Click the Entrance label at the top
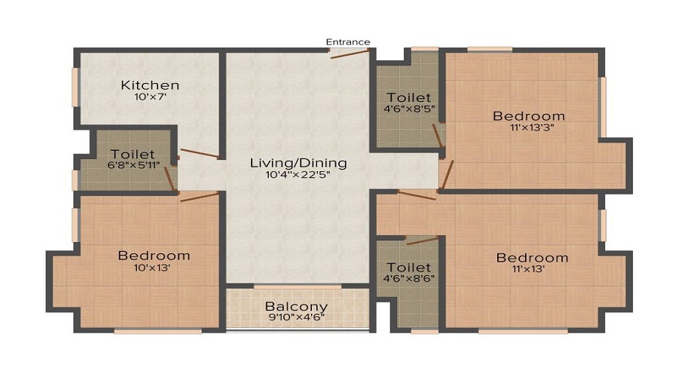(x=347, y=42)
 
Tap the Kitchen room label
(x=150, y=85)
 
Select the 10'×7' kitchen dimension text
(x=150, y=97)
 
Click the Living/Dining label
(x=298, y=163)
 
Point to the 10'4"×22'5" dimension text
(x=298, y=174)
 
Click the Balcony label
(x=297, y=306)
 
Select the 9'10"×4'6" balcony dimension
(x=297, y=317)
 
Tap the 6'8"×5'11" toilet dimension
(x=133, y=164)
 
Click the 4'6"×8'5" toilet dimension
(x=408, y=109)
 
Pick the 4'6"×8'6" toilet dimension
(x=408, y=278)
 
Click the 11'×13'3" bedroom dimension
(x=532, y=127)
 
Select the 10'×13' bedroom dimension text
(x=151, y=268)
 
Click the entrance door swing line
(x=350, y=54)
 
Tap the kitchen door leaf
(x=200, y=153)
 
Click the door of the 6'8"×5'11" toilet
(x=170, y=179)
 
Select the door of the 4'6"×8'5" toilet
(x=438, y=136)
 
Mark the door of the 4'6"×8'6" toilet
(x=423, y=241)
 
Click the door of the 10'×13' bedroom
(x=199, y=197)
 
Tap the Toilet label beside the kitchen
(x=133, y=154)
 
